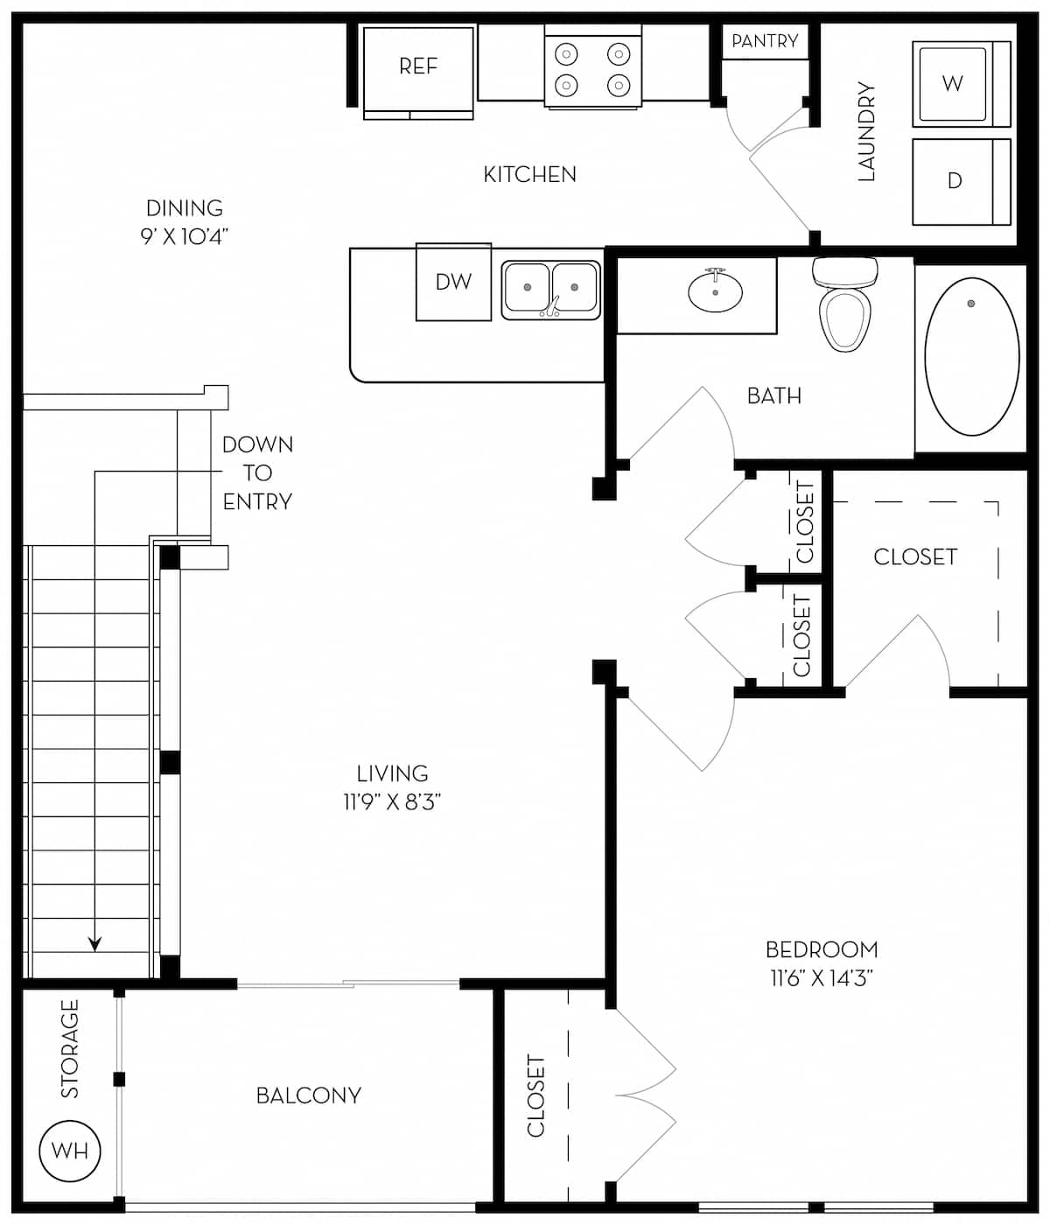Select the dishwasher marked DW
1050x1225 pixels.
(x=453, y=282)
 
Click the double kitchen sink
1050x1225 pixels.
(x=550, y=290)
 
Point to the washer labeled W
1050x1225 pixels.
(x=953, y=83)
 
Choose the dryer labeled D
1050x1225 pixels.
(x=955, y=181)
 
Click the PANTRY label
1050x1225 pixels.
(x=765, y=41)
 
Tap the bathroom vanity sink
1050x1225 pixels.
(x=715, y=292)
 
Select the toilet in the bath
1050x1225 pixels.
(x=844, y=306)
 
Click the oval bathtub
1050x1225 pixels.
(x=971, y=356)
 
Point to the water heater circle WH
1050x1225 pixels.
(x=70, y=1151)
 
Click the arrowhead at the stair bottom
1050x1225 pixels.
(x=94, y=944)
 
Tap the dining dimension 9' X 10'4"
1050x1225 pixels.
(x=184, y=236)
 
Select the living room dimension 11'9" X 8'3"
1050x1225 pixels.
(x=392, y=801)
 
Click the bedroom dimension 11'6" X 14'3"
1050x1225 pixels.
(x=821, y=977)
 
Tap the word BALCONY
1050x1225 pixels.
(x=308, y=1095)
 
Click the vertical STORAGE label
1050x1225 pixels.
(x=70, y=1048)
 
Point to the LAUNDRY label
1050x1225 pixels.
(x=866, y=131)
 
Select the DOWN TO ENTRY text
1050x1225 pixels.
(x=257, y=472)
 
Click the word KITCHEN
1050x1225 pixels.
(x=529, y=175)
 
